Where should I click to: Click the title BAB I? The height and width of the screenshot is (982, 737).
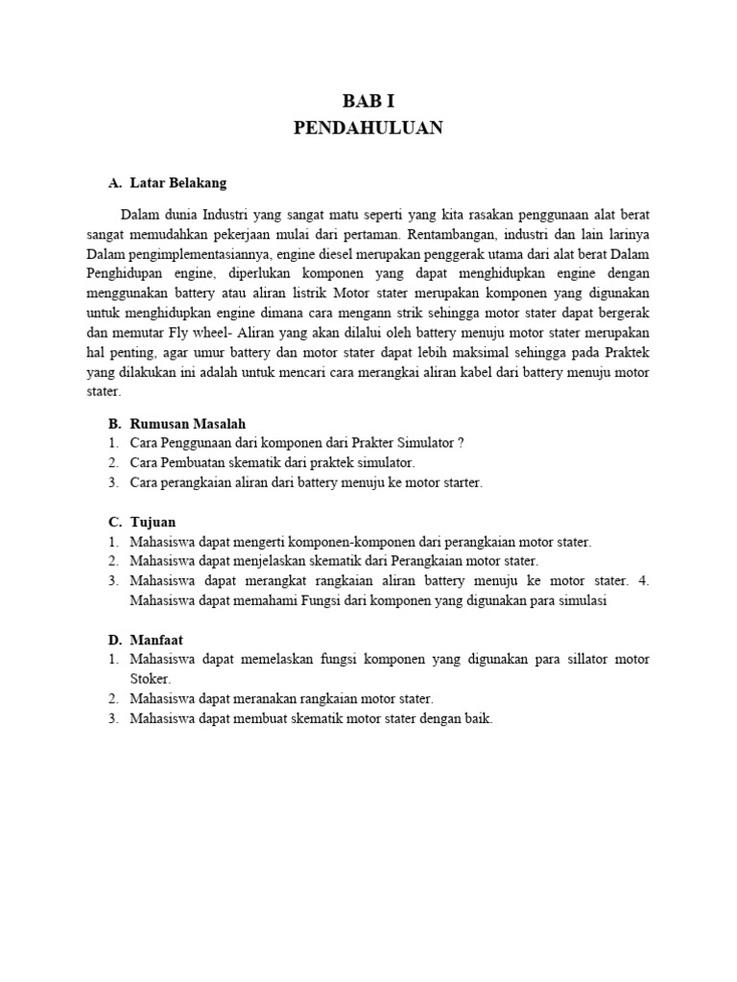pos(368,103)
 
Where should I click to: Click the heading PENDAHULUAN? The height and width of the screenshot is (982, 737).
pos(368,129)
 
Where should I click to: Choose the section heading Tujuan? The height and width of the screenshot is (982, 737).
pos(153,522)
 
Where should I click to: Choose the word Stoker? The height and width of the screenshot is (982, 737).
pos(149,679)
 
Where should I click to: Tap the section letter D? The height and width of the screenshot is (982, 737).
pos(114,639)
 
